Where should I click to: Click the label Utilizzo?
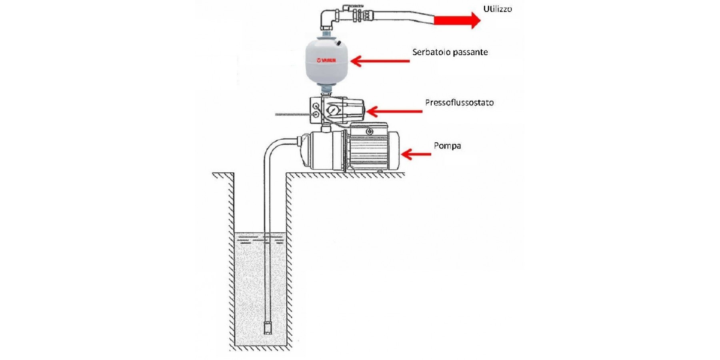[497, 9]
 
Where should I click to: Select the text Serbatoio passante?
[450, 52]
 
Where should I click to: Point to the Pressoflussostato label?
[459, 102]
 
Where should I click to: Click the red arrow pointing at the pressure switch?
[394, 111]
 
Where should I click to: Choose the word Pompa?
[447, 146]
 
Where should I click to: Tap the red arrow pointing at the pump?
[416, 154]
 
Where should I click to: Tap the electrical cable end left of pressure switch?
[278, 115]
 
